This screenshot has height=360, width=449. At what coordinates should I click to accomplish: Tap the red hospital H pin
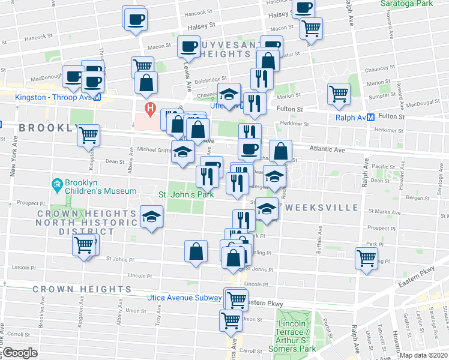[150, 110]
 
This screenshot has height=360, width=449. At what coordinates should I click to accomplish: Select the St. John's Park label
[186, 194]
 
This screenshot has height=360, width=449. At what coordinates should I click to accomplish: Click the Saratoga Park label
[406, 3]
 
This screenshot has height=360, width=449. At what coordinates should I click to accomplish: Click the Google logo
[20, 353]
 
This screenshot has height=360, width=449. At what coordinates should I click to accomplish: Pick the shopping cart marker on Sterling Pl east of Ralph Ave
[366, 259]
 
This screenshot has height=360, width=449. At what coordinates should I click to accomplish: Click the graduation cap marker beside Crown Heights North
[152, 216]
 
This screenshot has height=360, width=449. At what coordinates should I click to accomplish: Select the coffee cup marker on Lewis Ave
[189, 46]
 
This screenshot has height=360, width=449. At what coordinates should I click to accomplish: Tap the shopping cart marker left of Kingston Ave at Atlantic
[89, 136]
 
